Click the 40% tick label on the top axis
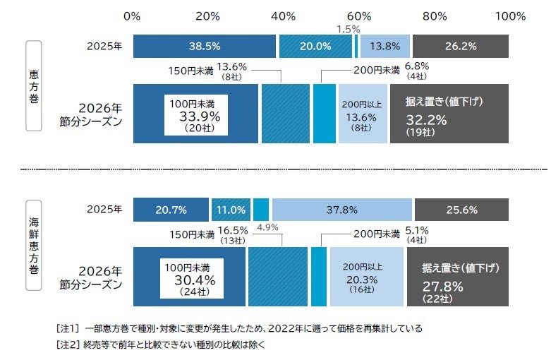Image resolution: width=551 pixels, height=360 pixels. [283, 16]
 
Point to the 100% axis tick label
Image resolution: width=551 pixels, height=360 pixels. [510, 16]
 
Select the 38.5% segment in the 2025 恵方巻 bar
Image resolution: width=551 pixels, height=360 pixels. [205, 47]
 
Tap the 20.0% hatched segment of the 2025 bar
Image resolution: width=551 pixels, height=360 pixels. [315, 47]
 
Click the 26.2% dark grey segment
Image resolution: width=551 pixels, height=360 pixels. [461, 47]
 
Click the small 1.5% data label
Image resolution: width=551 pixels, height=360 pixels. [349, 30]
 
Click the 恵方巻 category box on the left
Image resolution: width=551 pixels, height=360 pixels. [34, 85]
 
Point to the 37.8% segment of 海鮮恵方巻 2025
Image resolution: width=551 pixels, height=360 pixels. [341, 210]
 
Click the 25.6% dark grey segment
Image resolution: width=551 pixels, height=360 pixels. [461, 210]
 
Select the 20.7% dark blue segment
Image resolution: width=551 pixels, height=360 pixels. [171, 210]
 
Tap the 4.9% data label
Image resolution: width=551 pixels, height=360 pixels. [268, 227]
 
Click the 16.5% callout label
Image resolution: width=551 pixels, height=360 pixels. [233, 231]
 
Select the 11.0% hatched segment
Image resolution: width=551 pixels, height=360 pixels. [231, 210]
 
